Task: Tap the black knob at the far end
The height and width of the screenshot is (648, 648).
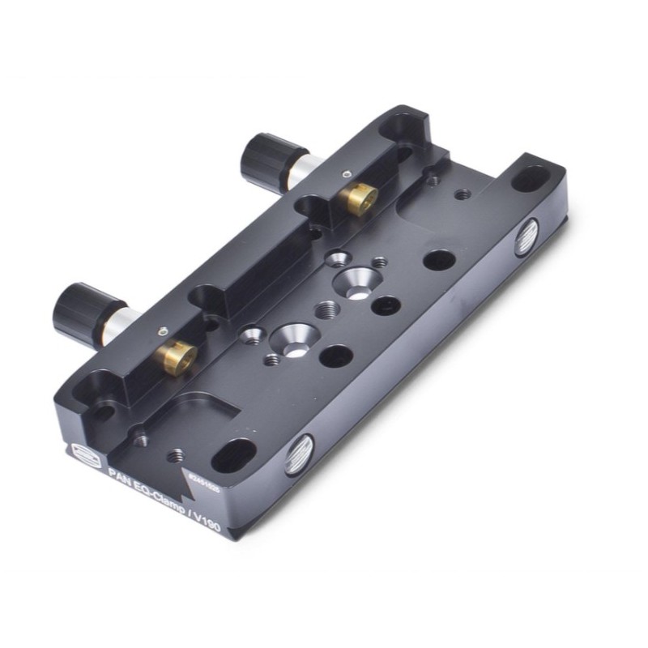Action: [266, 156]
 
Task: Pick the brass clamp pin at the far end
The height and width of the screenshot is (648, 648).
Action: [356, 196]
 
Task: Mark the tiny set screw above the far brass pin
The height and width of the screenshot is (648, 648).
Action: [346, 173]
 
